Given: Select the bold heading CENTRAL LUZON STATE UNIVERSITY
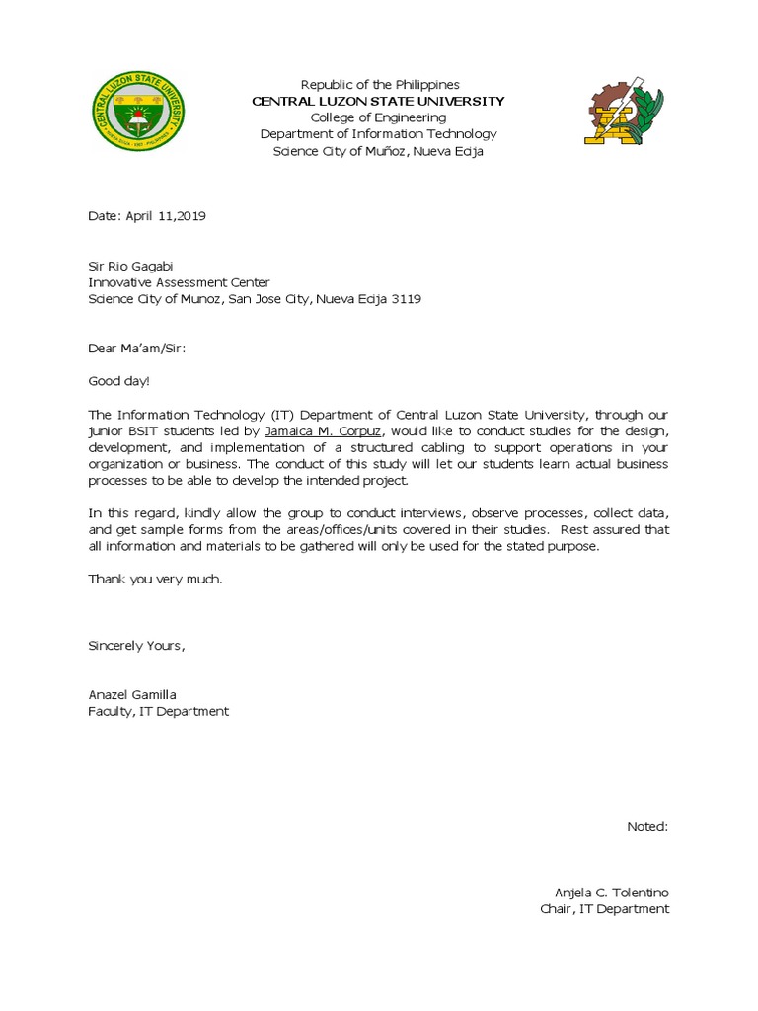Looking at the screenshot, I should click(x=378, y=102).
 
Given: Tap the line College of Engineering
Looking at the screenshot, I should click(x=378, y=117).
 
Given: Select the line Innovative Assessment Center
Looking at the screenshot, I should click(x=178, y=282).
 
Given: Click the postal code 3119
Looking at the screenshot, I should click(x=407, y=299).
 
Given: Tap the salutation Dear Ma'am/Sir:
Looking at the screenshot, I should click(x=137, y=349).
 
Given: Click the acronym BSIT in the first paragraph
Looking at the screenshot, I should click(x=151, y=431).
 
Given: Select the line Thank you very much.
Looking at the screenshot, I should click(x=155, y=579).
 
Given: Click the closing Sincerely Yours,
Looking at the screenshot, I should click(x=136, y=646).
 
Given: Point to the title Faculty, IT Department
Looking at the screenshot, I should click(x=159, y=711).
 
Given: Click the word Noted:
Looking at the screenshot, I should click(x=647, y=826).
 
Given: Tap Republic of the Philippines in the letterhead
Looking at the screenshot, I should click(x=380, y=85).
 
